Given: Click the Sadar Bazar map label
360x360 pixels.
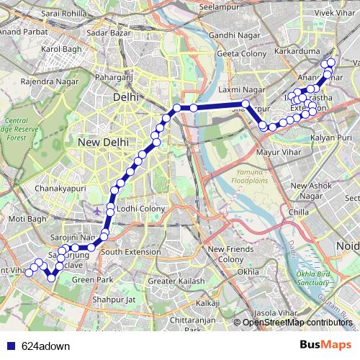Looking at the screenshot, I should tap(106, 32).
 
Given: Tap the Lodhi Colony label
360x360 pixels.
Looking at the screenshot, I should tap(141, 209).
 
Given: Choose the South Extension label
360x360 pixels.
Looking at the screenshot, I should tap(131, 252).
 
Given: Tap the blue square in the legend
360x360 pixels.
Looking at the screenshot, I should tap(11, 345).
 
